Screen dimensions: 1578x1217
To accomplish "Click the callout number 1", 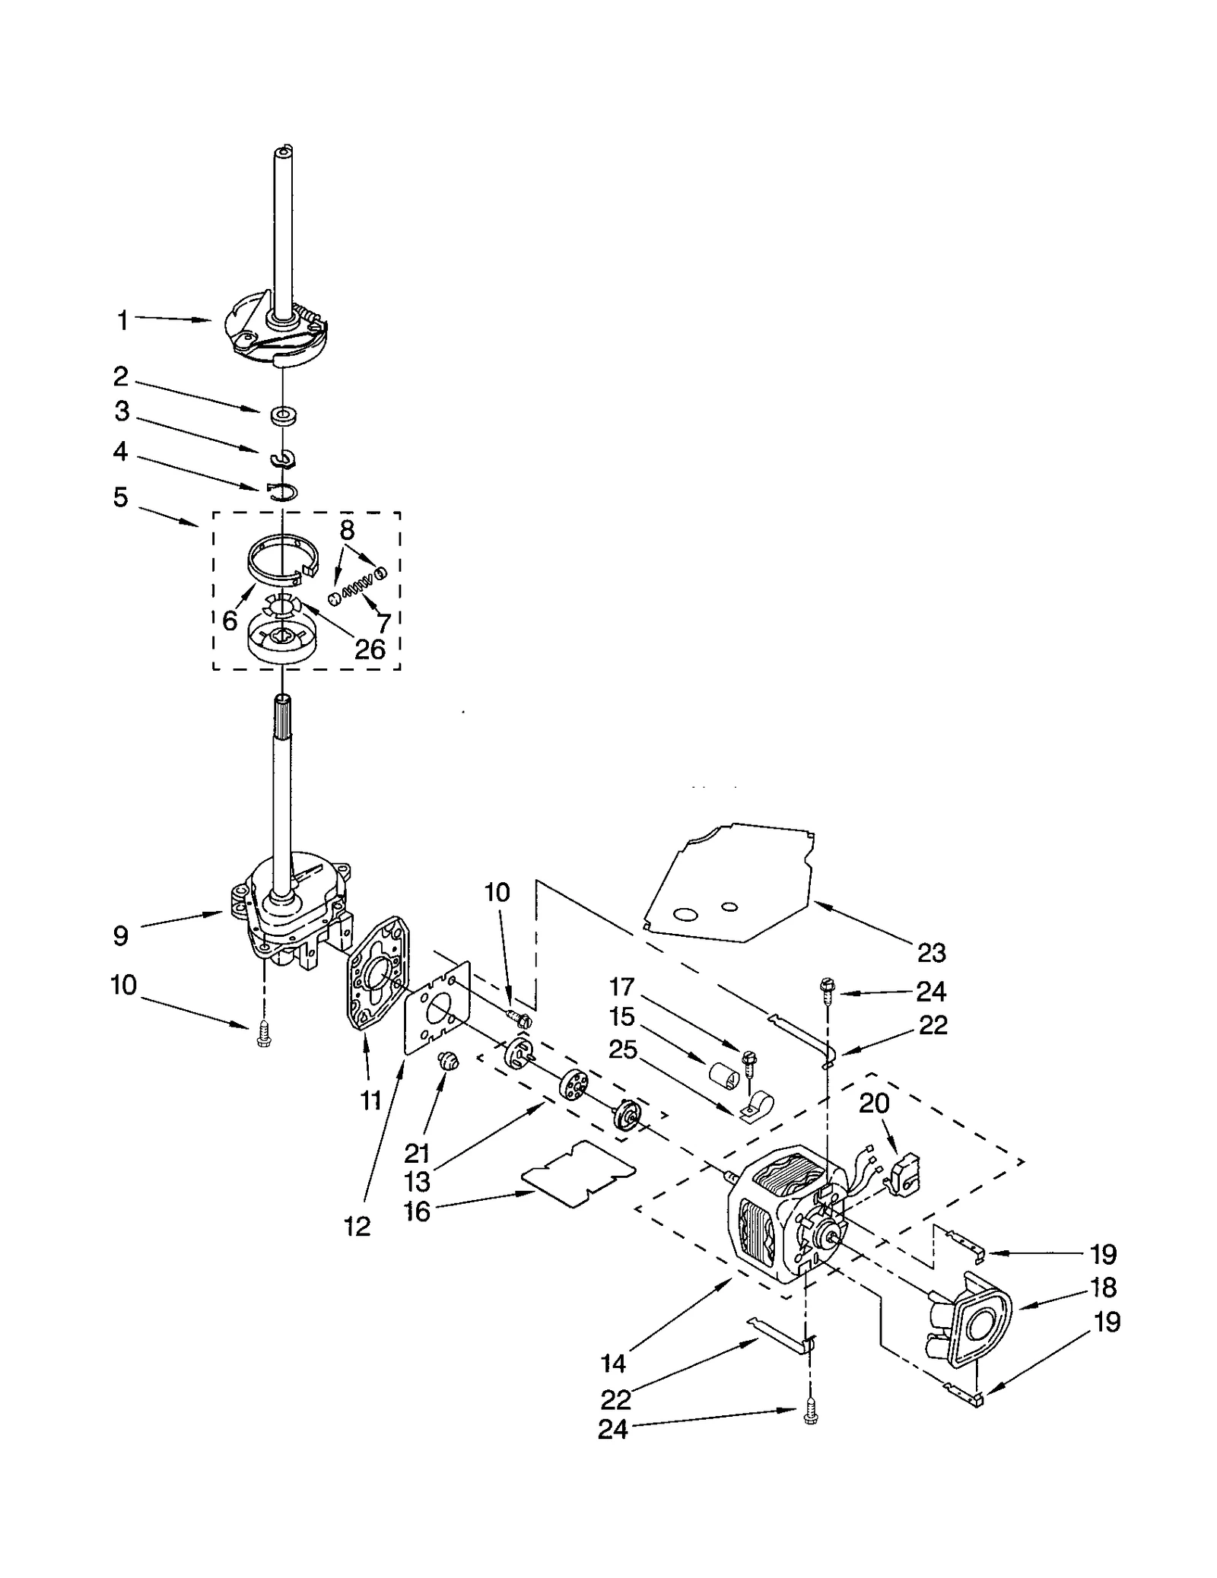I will click(x=122, y=321).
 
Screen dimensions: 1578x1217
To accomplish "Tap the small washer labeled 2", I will click(x=284, y=415).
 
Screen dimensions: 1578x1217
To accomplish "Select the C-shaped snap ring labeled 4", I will click(x=283, y=492).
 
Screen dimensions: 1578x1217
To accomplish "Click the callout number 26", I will click(x=370, y=649).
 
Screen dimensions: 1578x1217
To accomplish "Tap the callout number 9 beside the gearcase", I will click(x=121, y=935).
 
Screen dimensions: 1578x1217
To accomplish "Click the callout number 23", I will click(x=931, y=952).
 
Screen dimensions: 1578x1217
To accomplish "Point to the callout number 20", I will click(x=874, y=1103).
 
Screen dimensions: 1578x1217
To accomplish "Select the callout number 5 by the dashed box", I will click(x=121, y=497).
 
